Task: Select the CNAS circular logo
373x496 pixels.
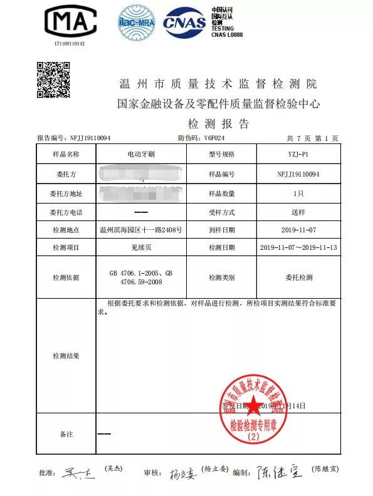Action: point(184,23)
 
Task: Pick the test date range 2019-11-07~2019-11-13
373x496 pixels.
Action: point(298,249)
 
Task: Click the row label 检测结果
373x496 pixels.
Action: point(66,356)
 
